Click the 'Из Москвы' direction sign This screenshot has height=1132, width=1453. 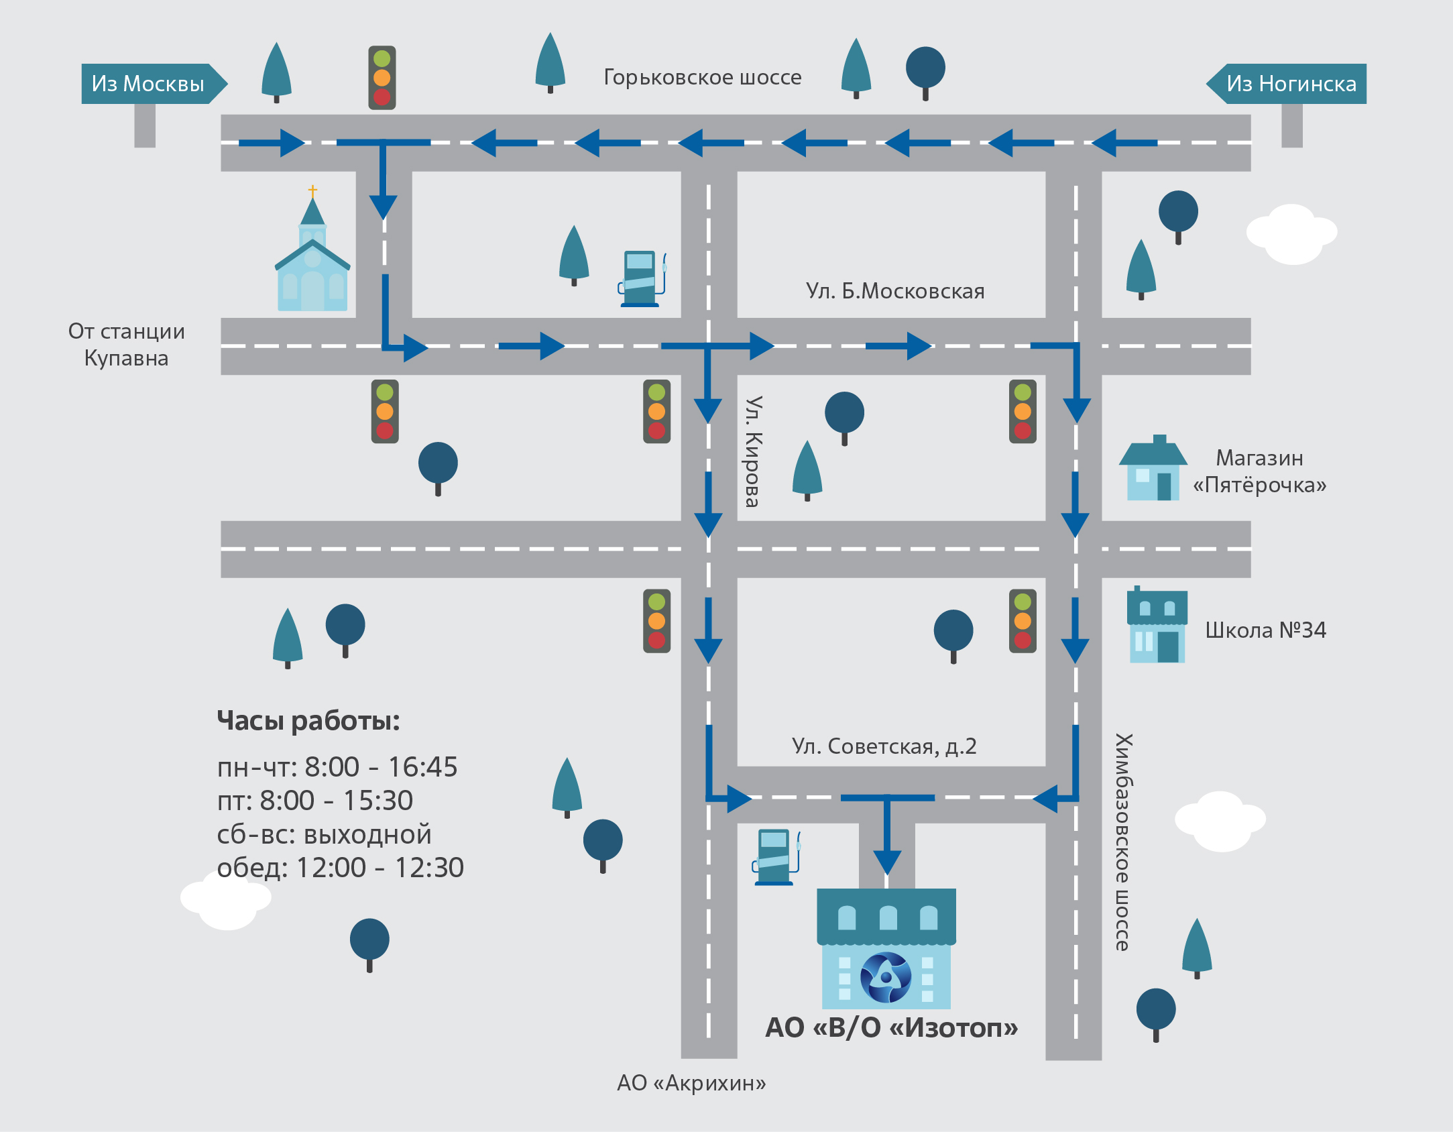pos(148,84)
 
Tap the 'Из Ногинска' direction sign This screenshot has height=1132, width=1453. pos(1291,84)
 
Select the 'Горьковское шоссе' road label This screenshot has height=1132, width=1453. pos(702,77)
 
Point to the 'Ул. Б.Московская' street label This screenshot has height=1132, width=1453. pos(894,291)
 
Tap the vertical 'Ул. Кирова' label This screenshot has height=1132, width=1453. pos(754,451)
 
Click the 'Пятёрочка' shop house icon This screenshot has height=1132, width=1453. pos(1153,469)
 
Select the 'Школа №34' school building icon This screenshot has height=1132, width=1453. pos(1157,626)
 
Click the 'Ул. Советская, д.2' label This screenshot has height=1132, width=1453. pos(884,746)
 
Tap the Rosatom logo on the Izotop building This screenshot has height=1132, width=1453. pos(886,977)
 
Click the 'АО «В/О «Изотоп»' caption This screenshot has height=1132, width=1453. pos(891,1027)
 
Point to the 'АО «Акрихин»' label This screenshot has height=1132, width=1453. pos(691,1082)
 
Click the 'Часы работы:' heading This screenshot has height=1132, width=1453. pos(308,721)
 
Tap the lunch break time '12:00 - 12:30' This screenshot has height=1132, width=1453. pos(380,868)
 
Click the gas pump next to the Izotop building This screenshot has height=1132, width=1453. pos(776,857)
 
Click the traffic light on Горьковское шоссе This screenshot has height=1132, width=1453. pos(382,78)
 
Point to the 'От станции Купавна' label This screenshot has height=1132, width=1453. pos(126,345)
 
